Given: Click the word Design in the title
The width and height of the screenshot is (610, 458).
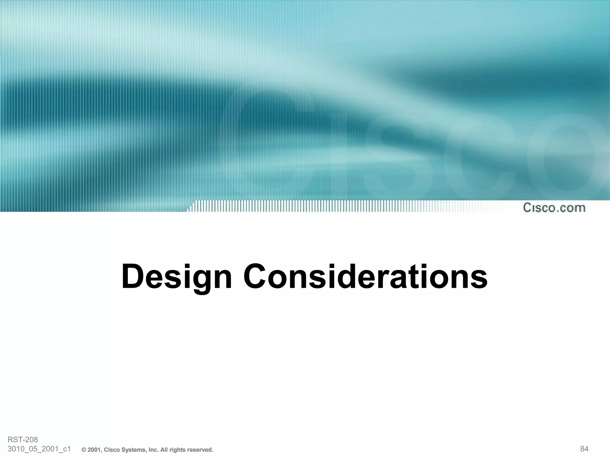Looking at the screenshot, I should [176, 277].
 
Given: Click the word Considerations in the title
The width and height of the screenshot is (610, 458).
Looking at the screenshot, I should [366, 276].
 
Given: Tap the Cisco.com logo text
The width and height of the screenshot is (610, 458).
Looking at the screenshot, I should [554, 208].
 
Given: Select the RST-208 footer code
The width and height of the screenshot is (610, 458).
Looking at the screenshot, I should [23, 440].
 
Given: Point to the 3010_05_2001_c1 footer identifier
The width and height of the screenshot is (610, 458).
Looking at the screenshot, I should [39, 449].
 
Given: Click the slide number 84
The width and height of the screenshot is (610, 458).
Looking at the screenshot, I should [584, 449].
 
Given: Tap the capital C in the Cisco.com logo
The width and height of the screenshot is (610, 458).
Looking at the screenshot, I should [528, 208].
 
